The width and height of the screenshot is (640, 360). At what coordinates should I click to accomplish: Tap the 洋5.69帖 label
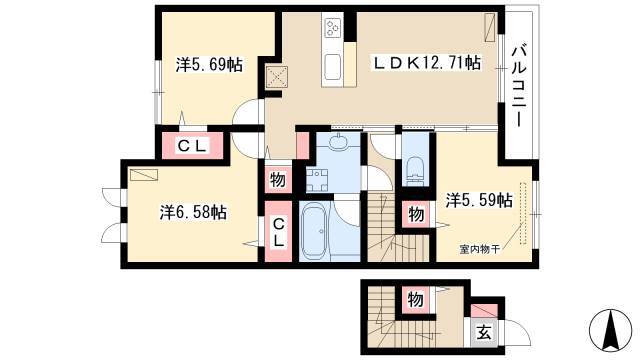[x=209, y=64]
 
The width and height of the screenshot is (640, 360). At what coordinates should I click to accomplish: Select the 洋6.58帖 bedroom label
[x=193, y=213]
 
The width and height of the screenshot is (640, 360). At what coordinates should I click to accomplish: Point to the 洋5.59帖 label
[x=479, y=200]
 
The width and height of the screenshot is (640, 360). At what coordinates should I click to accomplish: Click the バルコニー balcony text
[x=519, y=85]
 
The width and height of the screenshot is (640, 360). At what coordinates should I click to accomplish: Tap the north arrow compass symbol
[x=611, y=330]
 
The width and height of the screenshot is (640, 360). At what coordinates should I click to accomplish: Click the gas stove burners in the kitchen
[x=331, y=27]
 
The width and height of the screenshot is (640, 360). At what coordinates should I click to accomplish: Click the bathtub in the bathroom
[x=314, y=231]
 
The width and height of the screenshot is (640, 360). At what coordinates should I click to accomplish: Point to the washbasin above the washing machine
[x=337, y=142]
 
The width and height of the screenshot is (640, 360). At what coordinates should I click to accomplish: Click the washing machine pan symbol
[x=317, y=180]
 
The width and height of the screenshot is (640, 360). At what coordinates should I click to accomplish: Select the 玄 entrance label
[x=484, y=333]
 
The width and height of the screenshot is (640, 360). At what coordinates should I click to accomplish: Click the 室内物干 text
[x=480, y=249]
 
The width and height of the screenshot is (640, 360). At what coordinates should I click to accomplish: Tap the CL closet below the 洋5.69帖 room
[x=193, y=146]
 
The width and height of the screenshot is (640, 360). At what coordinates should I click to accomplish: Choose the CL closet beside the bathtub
[x=279, y=232]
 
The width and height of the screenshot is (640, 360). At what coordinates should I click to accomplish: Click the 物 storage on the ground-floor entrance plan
[x=415, y=300]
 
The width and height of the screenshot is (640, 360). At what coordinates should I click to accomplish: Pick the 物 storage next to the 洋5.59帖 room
[x=416, y=214]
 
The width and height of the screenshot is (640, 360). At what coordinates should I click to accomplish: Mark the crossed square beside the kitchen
[x=277, y=77]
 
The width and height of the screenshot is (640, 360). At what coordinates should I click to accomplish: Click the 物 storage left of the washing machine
[x=278, y=180]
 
